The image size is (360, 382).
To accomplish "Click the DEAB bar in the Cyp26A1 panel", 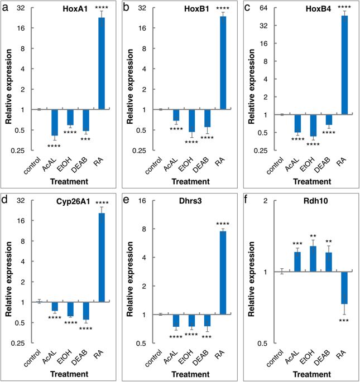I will pyautogui.click(x=86, y=311).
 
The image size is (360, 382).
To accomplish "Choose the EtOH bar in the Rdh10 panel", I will pyautogui.click(x=313, y=259).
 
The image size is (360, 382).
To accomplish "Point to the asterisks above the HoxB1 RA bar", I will pyautogui.click(x=223, y=8).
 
